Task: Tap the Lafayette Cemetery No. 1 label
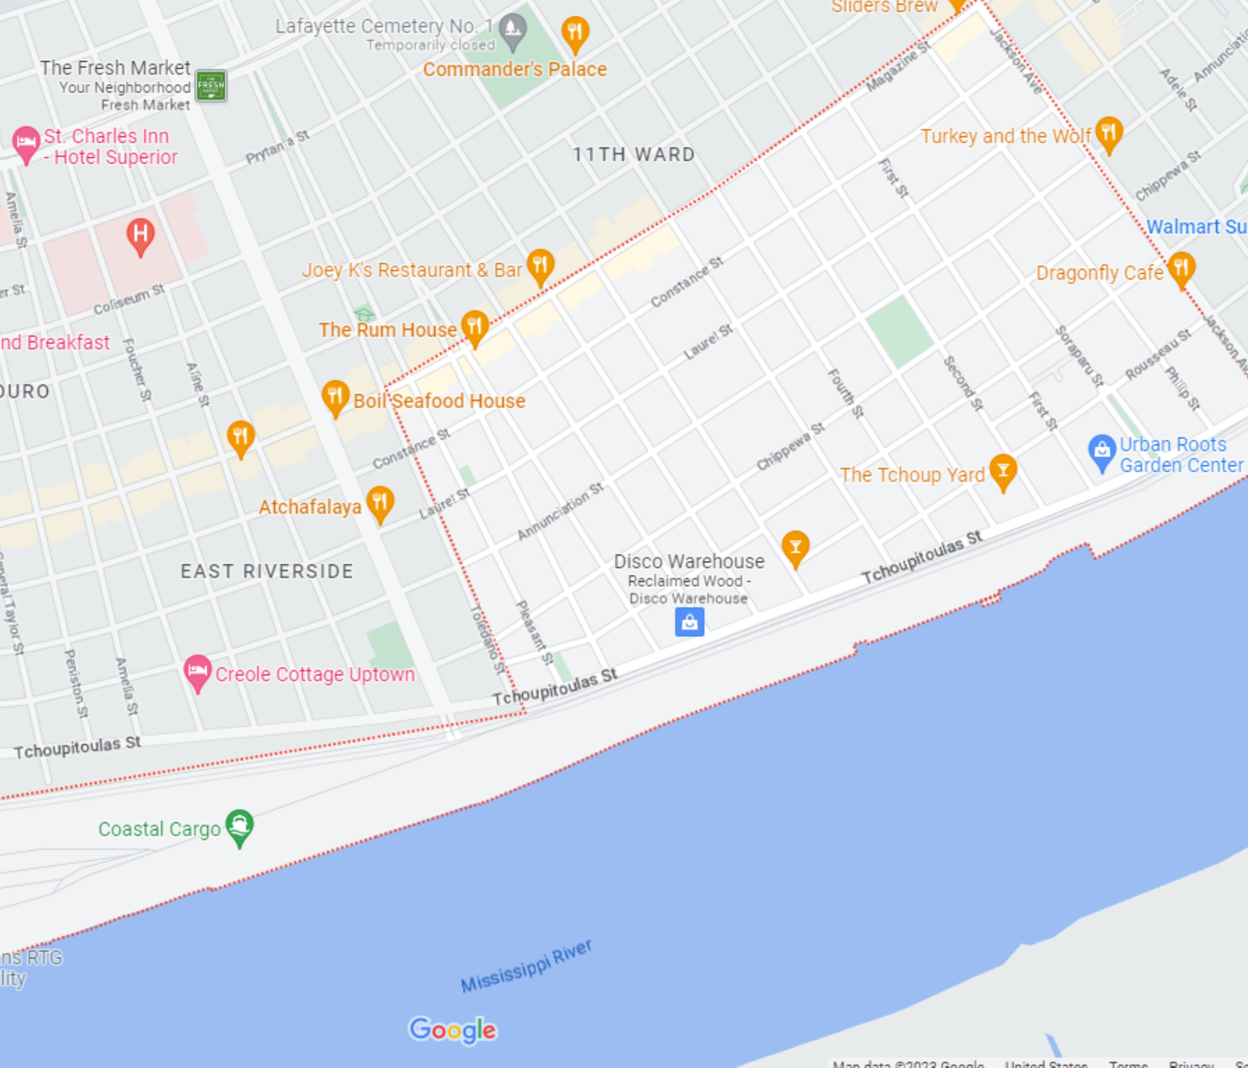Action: tap(384, 26)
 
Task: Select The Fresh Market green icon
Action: tap(211, 86)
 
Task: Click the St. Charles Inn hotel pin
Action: tap(26, 143)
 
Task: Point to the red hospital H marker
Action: tap(140, 235)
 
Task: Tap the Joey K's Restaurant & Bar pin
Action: tap(540, 266)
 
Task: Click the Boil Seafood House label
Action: tap(439, 401)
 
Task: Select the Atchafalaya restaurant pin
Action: tap(380, 502)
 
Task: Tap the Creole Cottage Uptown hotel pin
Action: tap(197, 671)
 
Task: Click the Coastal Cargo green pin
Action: tap(239, 826)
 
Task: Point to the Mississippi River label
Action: tap(526, 966)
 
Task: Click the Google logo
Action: tap(453, 1030)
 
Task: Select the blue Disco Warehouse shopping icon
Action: tap(689, 622)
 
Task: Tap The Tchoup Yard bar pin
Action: tap(1002, 471)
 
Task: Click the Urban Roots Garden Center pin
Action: tap(1101, 451)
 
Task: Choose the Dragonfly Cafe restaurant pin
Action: tap(1181, 268)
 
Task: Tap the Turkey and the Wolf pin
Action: tap(1108, 133)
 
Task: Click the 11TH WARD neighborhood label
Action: tap(634, 155)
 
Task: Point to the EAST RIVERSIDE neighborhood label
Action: tap(267, 571)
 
